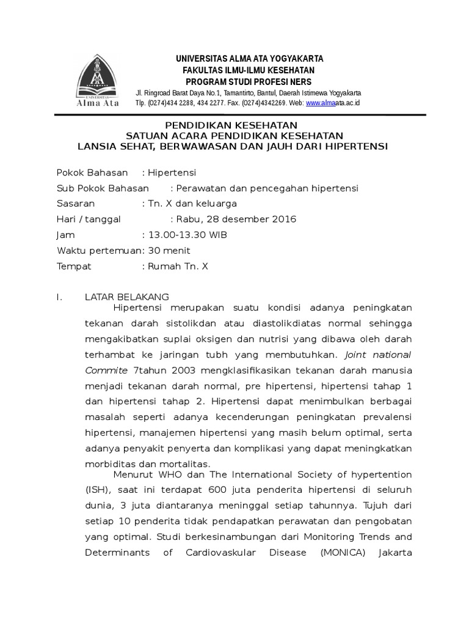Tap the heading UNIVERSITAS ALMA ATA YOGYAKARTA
coord(249,59)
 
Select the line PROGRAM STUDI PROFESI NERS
coord(249,82)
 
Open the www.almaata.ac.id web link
coord(333,103)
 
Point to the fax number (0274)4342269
coord(260,103)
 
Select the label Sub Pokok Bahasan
coord(103,188)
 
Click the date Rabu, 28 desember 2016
coord(236,219)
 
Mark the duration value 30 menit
coord(169,251)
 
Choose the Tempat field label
coord(74,267)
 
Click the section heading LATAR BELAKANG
coord(126,297)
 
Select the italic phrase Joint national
coord(378,355)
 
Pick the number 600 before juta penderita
coord(218,490)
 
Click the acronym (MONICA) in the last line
coord(340,553)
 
